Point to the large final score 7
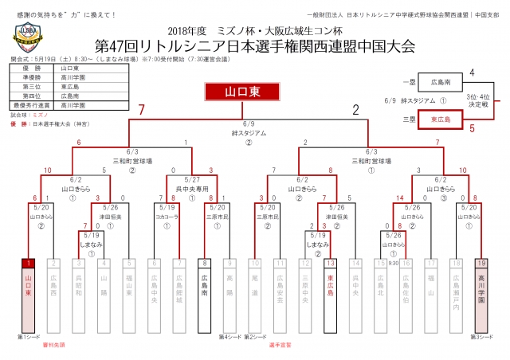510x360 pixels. [x=141, y=110]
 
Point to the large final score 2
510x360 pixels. [x=355, y=110]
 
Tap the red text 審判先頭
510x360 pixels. [x=52, y=345]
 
